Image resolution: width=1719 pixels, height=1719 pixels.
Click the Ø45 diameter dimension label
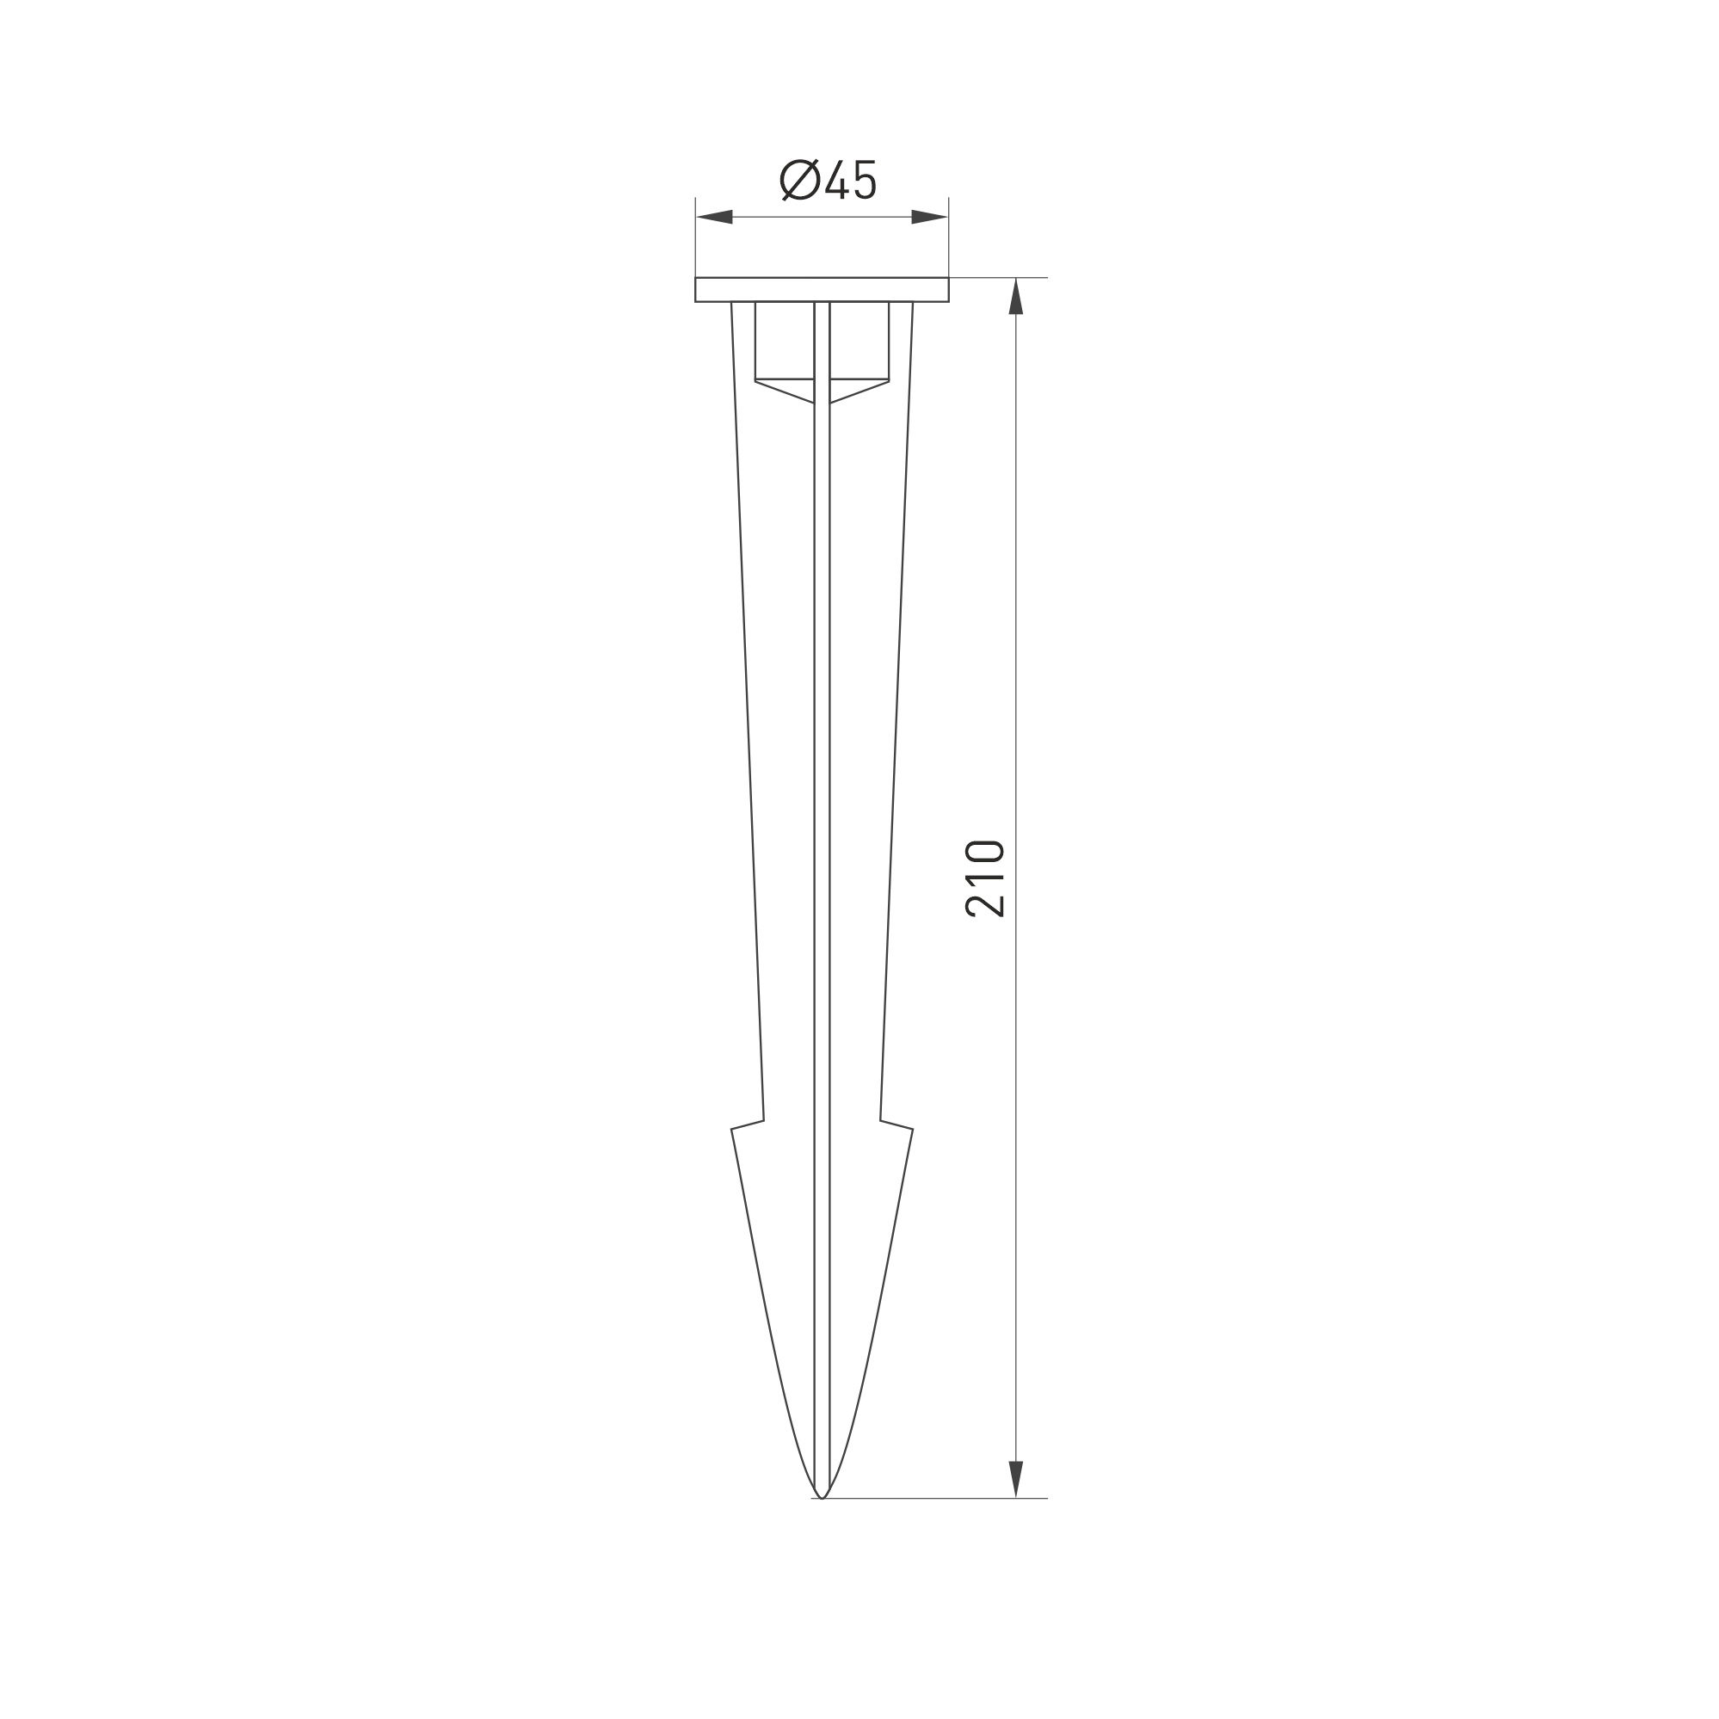pos(829,180)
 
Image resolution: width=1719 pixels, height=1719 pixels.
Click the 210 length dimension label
pos(985,878)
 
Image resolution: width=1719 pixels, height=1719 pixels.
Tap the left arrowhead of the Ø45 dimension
pos(714,217)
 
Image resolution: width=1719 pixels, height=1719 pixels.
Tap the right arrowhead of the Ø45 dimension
pos(930,217)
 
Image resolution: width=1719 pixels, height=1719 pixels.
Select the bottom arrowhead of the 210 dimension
pos(1016,1479)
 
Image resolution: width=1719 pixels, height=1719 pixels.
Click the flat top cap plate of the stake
pos(822,289)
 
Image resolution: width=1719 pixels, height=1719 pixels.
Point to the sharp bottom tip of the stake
pos(823,1496)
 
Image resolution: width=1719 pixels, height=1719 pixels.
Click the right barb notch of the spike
pos(897,1125)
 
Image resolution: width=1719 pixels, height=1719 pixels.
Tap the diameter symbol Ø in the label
pos(800,180)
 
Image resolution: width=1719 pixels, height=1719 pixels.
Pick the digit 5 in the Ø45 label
pos(865,180)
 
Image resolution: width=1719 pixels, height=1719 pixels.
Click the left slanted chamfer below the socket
pos(784,391)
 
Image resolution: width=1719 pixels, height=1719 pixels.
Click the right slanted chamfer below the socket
pos(859,391)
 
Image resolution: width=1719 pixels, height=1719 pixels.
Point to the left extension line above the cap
pos(695,236)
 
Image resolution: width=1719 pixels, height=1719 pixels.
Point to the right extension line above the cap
pos(948,236)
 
